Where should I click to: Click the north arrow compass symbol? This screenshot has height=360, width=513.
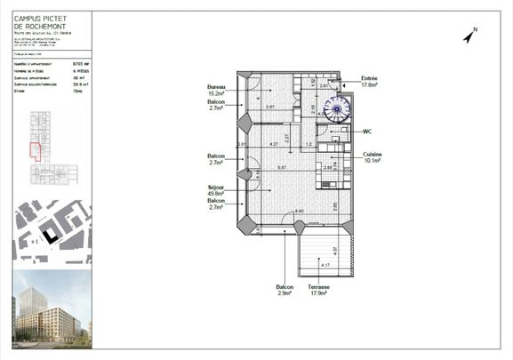click(x=470, y=36)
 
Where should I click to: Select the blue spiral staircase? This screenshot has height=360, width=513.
click(x=337, y=111)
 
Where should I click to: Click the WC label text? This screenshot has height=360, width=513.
click(x=366, y=132)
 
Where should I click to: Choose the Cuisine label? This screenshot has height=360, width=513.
click(x=371, y=155)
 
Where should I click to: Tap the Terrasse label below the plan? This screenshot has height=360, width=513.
click(x=319, y=286)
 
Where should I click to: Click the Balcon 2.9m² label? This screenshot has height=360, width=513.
click(x=285, y=286)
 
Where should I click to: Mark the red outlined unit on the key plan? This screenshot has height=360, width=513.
click(x=36, y=149)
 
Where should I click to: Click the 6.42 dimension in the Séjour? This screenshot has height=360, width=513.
click(x=300, y=211)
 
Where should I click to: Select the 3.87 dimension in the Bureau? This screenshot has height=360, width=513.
click(x=270, y=107)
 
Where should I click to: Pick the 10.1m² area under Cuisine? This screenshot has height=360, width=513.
click(x=372, y=162)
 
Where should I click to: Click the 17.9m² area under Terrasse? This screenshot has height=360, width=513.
click(x=319, y=292)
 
